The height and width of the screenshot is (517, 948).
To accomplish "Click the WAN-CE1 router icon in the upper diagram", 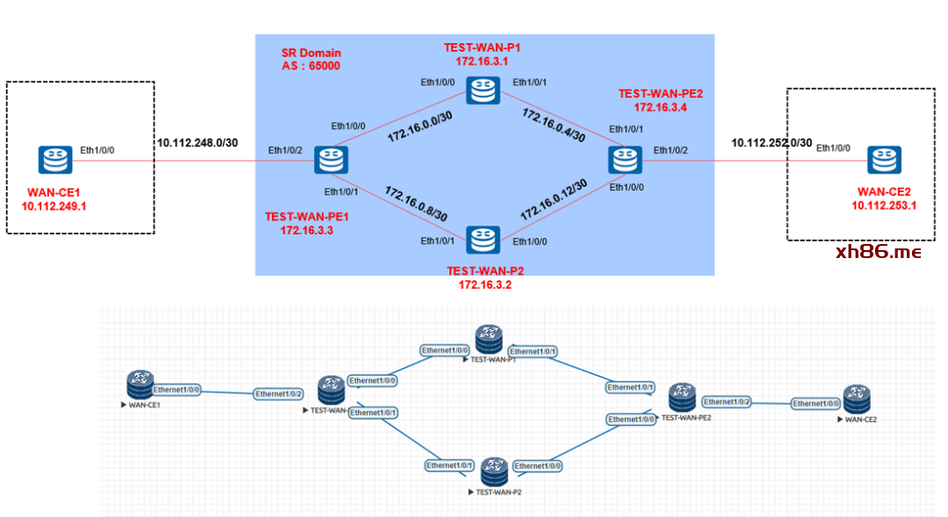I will (54, 160).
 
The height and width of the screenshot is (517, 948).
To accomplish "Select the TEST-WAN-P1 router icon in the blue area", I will (482, 90).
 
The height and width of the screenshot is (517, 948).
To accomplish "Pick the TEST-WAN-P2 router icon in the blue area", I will (482, 240).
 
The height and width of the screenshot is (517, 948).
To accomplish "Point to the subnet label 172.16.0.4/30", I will (553, 126).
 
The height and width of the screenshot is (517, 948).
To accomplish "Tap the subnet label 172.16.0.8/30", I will (416, 204).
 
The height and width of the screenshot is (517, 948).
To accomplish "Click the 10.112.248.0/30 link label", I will (197, 143).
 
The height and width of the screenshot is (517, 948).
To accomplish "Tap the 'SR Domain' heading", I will (312, 53).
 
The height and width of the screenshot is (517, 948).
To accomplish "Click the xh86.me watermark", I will (879, 253).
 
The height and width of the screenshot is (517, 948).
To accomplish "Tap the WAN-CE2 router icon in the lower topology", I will (856, 399).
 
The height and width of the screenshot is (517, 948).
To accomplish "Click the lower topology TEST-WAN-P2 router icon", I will (494, 471).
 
